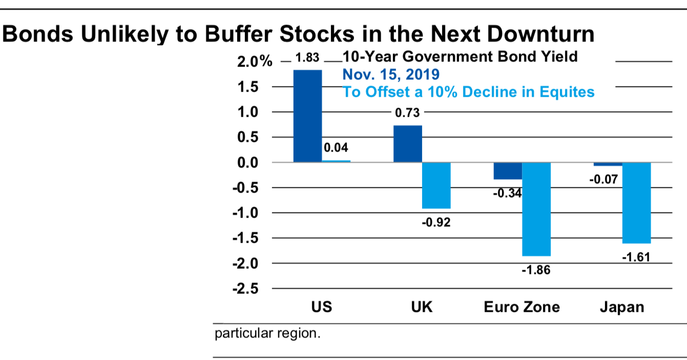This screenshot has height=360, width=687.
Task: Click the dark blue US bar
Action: (307, 116)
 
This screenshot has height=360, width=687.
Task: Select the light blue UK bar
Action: (436, 185)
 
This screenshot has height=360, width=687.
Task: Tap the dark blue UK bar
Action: (407, 144)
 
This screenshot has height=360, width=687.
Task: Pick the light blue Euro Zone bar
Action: (536, 209)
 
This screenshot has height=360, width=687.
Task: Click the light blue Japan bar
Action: (636, 203)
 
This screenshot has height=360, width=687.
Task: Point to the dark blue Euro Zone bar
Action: (508, 171)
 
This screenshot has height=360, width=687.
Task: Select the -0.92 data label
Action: (436, 223)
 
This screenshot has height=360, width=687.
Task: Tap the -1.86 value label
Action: (536, 270)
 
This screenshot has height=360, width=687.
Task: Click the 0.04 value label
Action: (337, 149)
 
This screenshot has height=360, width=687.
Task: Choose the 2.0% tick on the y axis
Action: (255, 62)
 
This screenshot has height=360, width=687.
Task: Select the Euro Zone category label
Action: (522, 307)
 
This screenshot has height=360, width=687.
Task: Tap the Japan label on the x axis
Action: (622, 307)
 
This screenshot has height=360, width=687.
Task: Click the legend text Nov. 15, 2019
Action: (390, 75)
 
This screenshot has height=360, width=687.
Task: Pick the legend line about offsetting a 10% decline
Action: (468, 92)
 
